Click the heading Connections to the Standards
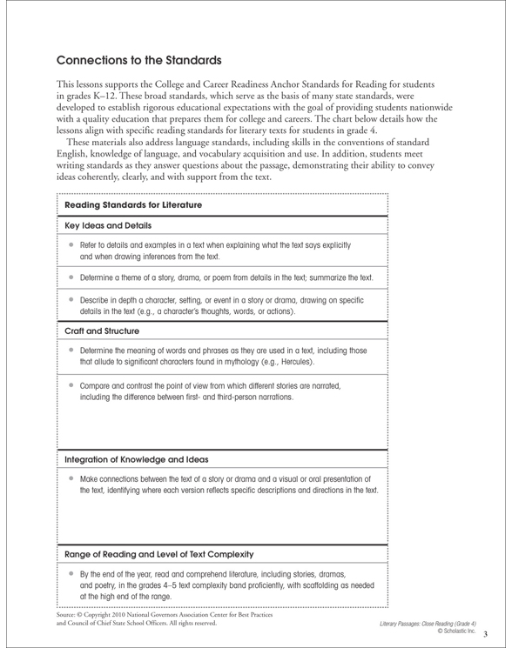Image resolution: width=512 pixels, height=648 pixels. [x=141, y=63]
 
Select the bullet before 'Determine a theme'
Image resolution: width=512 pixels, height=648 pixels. [x=77, y=277]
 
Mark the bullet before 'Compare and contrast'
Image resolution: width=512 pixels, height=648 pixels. [x=77, y=383]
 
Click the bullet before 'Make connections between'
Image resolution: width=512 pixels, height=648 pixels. [x=77, y=477]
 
